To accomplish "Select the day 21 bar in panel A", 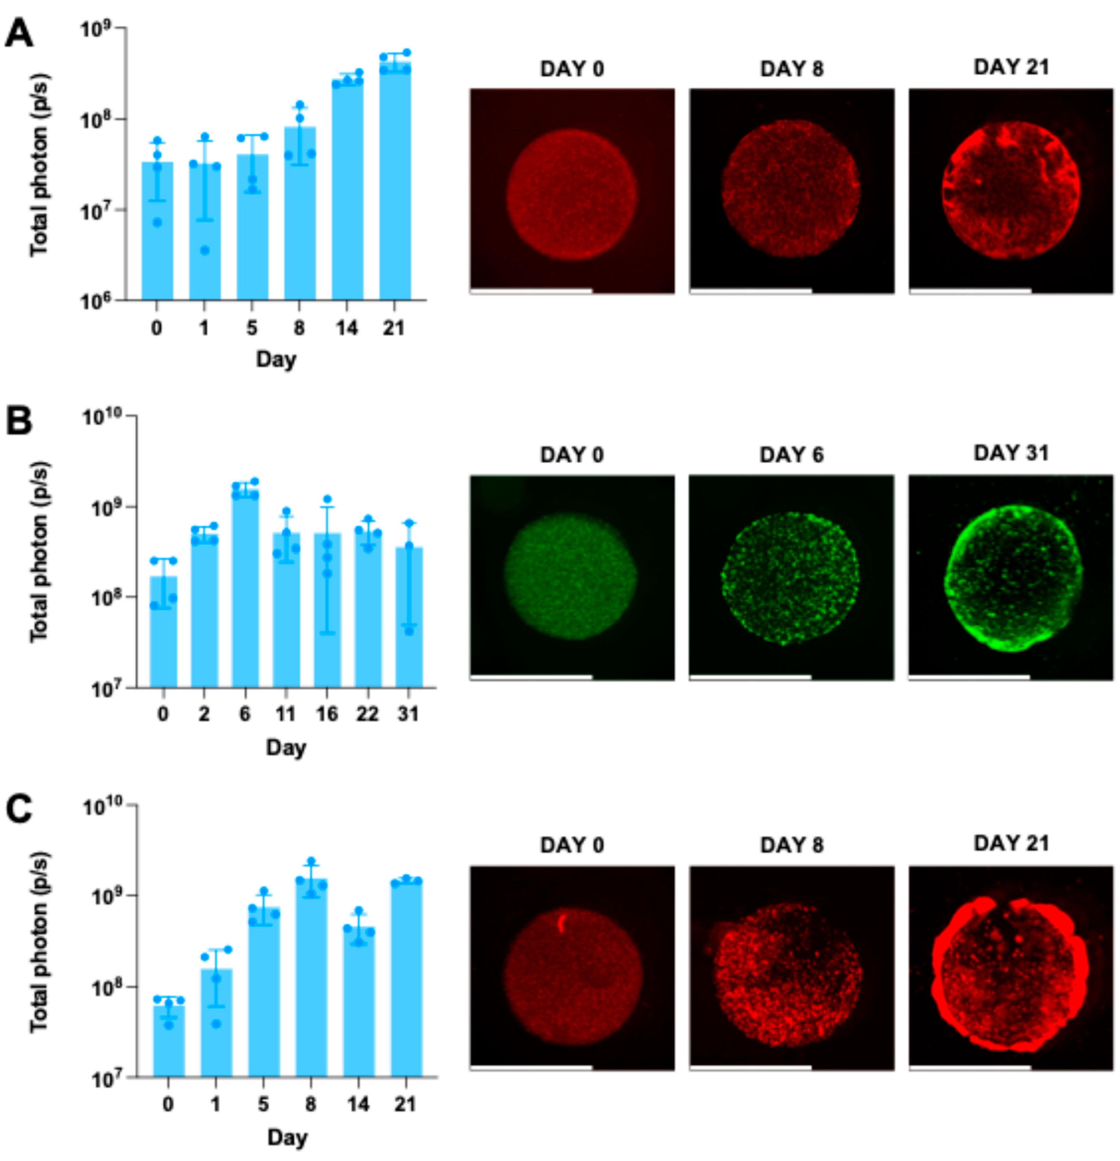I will coord(395,184).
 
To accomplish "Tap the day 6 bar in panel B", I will coord(245,586).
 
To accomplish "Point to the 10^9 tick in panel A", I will coord(95,29).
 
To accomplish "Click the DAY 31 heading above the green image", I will coord(1011,453).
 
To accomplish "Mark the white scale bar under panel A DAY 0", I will coord(531,291).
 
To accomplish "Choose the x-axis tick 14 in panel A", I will coord(347,327).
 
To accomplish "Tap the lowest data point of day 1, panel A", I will coord(204,251).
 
